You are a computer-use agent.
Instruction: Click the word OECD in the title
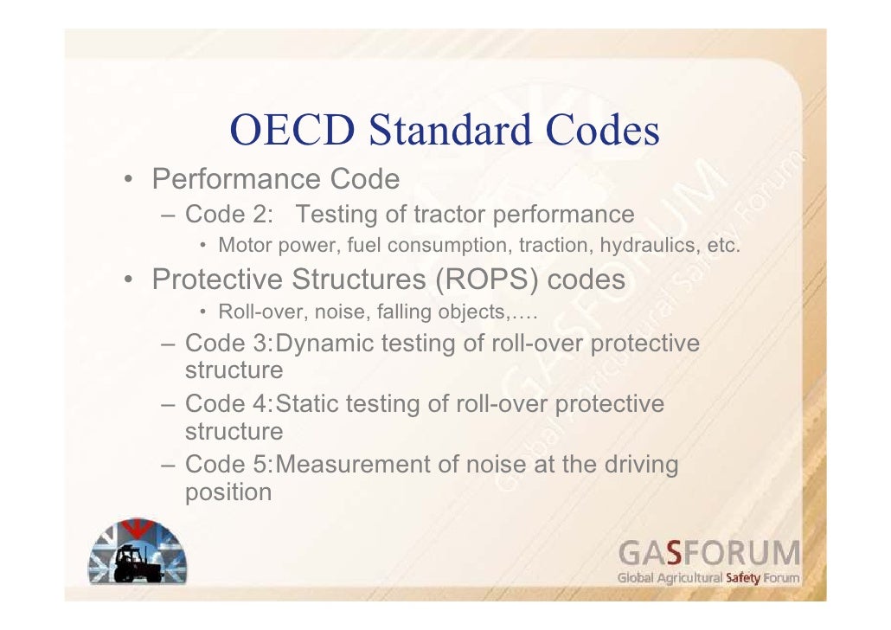[294, 132]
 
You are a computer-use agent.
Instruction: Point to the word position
[228, 492]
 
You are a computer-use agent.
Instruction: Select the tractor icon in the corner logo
[138, 562]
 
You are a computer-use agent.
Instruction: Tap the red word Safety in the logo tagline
[742, 577]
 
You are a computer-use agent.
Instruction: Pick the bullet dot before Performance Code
[127, 181]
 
